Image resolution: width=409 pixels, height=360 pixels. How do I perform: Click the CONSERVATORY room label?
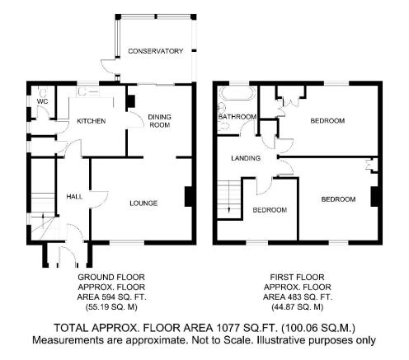pyautogui.click(x=155, y=51)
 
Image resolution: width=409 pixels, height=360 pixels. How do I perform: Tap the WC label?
pyautogui.click(x=42, y=101)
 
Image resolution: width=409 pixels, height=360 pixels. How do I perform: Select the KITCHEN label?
pyautogui.click(x=91, y=121)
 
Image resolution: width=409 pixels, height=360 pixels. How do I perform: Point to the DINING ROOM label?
pyautogui.click(x=159, y=121)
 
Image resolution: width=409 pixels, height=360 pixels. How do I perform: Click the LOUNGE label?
pyautogui.click(x=143, y=203)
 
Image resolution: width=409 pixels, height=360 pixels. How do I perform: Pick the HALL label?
pyautogui.click(x=74, y=197)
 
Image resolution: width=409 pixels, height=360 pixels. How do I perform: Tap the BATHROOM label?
pyautogui.click(x=237, y=117)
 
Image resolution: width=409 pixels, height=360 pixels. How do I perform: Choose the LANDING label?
pyautogui.click(x=246, y=158)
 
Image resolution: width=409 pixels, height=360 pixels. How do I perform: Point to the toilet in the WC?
pyautogui.click(x=43, y=91)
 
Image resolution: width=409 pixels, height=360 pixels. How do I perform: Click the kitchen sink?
pyautogui.click(x=88, y=91)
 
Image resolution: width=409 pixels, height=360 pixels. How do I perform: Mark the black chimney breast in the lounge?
pyautogui.click(x=188, y=196)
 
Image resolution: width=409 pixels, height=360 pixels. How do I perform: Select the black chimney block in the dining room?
pyautogui.click(x=130, y=101)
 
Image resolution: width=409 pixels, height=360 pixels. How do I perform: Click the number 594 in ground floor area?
pyautogui.click(x=109, y=297)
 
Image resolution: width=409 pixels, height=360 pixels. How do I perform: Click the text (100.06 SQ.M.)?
pyautogui.click(x=318, y=328)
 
